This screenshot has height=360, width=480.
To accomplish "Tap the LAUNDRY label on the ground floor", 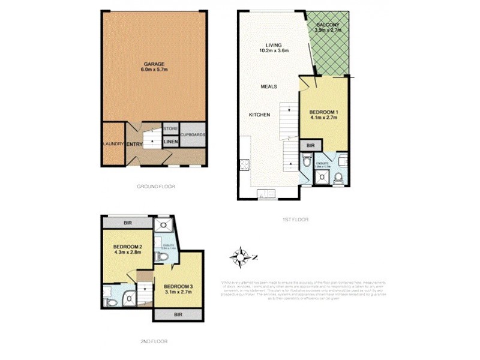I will pos(113,144).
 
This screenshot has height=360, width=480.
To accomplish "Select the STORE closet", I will pos(170,128).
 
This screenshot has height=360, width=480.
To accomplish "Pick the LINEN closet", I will pos(170,142).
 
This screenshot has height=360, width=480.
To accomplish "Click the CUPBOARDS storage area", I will pos(193,135).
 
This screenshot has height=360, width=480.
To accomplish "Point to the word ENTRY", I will pos(133,145).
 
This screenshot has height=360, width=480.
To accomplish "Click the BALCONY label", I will pos(328,26).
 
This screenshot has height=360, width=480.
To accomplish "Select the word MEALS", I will pos(268,86).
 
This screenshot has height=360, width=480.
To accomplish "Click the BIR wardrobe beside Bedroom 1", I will pos(310,145).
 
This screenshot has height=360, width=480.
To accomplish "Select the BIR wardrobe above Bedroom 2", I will pos(127,223).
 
